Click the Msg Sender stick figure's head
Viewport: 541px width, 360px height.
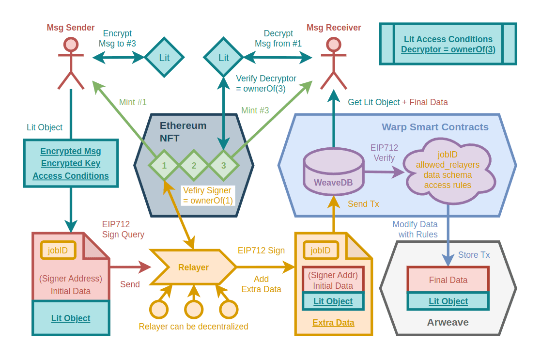[x=71, y=45]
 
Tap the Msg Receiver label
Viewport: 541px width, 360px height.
[x=334, y=28]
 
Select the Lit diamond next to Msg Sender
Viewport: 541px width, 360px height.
[x=164, y=58]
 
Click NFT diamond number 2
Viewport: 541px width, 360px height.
[x=194, y=165]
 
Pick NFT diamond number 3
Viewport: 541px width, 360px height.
[x=223, y=165]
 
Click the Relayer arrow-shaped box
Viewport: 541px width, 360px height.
[x=193, y=267]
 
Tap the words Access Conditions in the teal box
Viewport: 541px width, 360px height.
[x=71, y=176]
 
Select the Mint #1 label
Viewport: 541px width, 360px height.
[x=133, y=102]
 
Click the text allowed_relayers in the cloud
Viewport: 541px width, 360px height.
[x=448, y=165]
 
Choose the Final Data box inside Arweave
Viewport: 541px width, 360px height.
[x=448, y=280]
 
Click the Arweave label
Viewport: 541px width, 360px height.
[x=448, y=322]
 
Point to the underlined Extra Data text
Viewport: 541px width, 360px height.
[x=333, y=323]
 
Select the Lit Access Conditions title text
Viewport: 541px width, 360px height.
[x=448, y=39]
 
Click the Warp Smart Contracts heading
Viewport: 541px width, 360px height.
[x=435, y=127]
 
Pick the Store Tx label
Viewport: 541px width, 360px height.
[x=474, y=255]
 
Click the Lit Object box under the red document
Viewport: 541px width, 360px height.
[x=71, y=318]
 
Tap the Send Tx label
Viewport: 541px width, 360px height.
[x=363, y=204]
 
